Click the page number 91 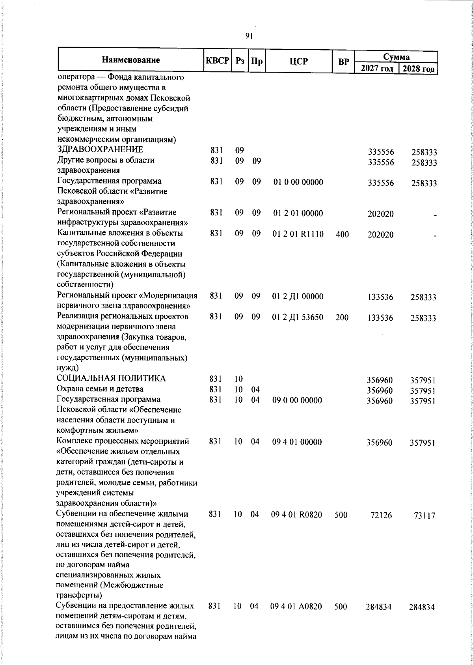click(x=249, y=36)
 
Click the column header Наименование click(x=131, y=60)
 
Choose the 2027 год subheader click(x=377, y=69)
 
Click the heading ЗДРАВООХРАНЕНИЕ click(x=100, y=150)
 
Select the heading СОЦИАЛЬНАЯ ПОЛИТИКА click(x=112, y=379)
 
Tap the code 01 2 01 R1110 click(x=298, y=234)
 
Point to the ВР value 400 click(x=342, y=235)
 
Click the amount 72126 click(x=382, y=515)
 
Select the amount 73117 click(x=425, y=516)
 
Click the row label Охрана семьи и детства click(x=100, y=389)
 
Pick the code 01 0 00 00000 click(x=298, y=182)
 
